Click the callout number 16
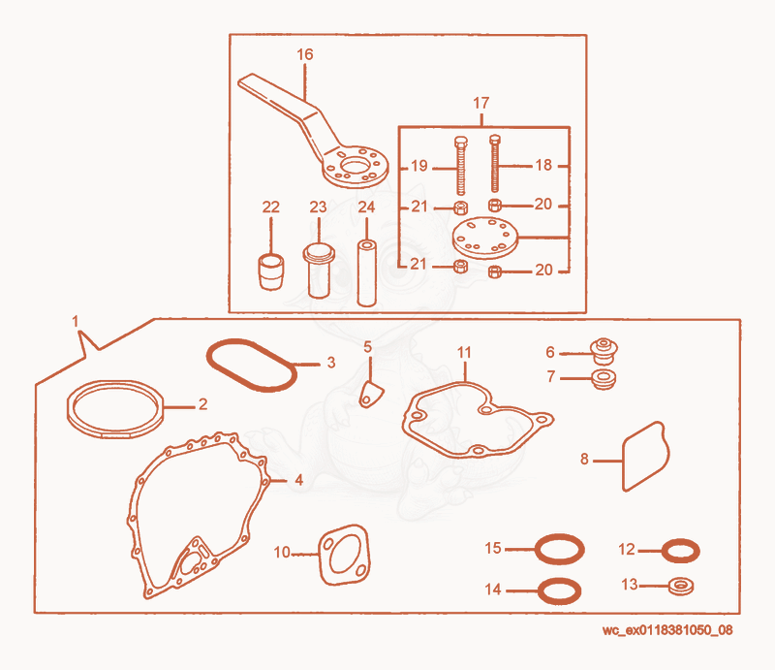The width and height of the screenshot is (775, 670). pos(305,54)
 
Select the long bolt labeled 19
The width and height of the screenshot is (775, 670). pos(461,166)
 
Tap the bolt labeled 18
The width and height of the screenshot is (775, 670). pos(495,163)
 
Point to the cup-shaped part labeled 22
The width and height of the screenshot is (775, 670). pos(271,271)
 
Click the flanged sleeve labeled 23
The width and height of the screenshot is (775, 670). pos(319,270)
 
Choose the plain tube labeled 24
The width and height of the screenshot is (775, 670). pos(366,272)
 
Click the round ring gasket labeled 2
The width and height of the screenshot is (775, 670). pos(115,409)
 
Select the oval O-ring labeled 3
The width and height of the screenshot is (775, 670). pos(252,366)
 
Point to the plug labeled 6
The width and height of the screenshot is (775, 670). pos(604,351)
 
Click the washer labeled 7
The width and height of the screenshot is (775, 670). pos(604,379)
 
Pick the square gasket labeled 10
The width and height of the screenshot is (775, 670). pos(345,555)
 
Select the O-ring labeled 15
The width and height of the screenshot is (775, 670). pos(560,549)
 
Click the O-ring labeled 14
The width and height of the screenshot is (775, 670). pos(559,590)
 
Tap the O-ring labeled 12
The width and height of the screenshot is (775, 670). pos(681,551)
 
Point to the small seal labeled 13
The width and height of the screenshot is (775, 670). pos(681,587)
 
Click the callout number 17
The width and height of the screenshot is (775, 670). pos(480,103)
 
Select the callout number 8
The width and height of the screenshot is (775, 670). pos(584,460)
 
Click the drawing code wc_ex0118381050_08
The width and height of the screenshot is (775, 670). pos(667,630)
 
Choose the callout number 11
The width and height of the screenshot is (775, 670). pos(464,352)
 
